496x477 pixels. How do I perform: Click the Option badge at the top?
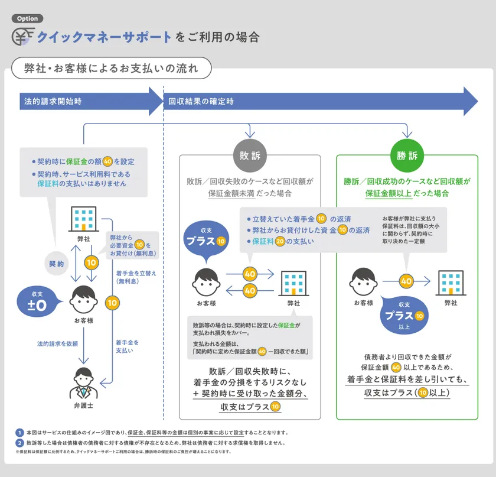point(28,18)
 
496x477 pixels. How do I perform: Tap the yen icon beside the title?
point(23,37)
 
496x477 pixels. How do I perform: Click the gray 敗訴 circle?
point(250,155)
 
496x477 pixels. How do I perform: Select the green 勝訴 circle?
point(407,155)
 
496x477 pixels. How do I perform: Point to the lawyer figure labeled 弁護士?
point(83,383)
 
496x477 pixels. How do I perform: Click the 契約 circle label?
point(56,264)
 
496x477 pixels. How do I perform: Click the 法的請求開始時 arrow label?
point(53,101)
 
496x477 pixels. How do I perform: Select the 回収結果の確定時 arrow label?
point(201,101)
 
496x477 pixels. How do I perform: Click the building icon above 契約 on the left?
point(83,219)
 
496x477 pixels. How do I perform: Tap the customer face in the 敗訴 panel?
point(206,282)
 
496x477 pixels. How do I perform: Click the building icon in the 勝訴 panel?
point(451,283)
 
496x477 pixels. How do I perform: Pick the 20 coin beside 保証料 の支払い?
point(280,241)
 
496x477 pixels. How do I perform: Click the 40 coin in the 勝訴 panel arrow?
point(406,281)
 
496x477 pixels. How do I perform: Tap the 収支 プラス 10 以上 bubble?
point(404,315)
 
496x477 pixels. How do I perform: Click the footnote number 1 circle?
point(19,433)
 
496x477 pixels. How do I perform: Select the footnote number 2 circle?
point(19,443)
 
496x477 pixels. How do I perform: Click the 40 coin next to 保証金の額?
point(107,161)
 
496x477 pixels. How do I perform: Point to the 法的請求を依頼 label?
point(58,343)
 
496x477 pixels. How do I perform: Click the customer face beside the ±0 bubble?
point(83,300)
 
